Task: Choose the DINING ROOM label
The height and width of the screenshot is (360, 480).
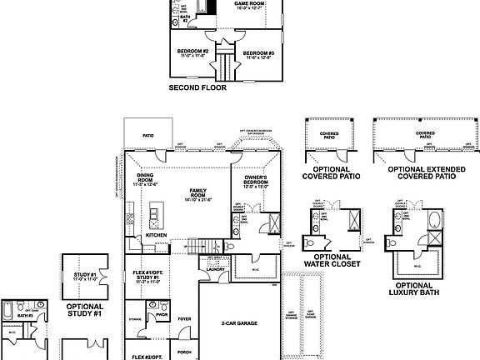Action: point(145,179)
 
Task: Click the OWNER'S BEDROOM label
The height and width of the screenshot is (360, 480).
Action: point(255,182)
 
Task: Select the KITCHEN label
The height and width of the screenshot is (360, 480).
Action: point(156,235)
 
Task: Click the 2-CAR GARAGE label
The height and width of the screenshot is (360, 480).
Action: point(238,322)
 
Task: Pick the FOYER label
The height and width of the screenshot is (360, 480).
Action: point(184,317)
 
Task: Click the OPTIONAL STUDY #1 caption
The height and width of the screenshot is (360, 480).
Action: point(83,310)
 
